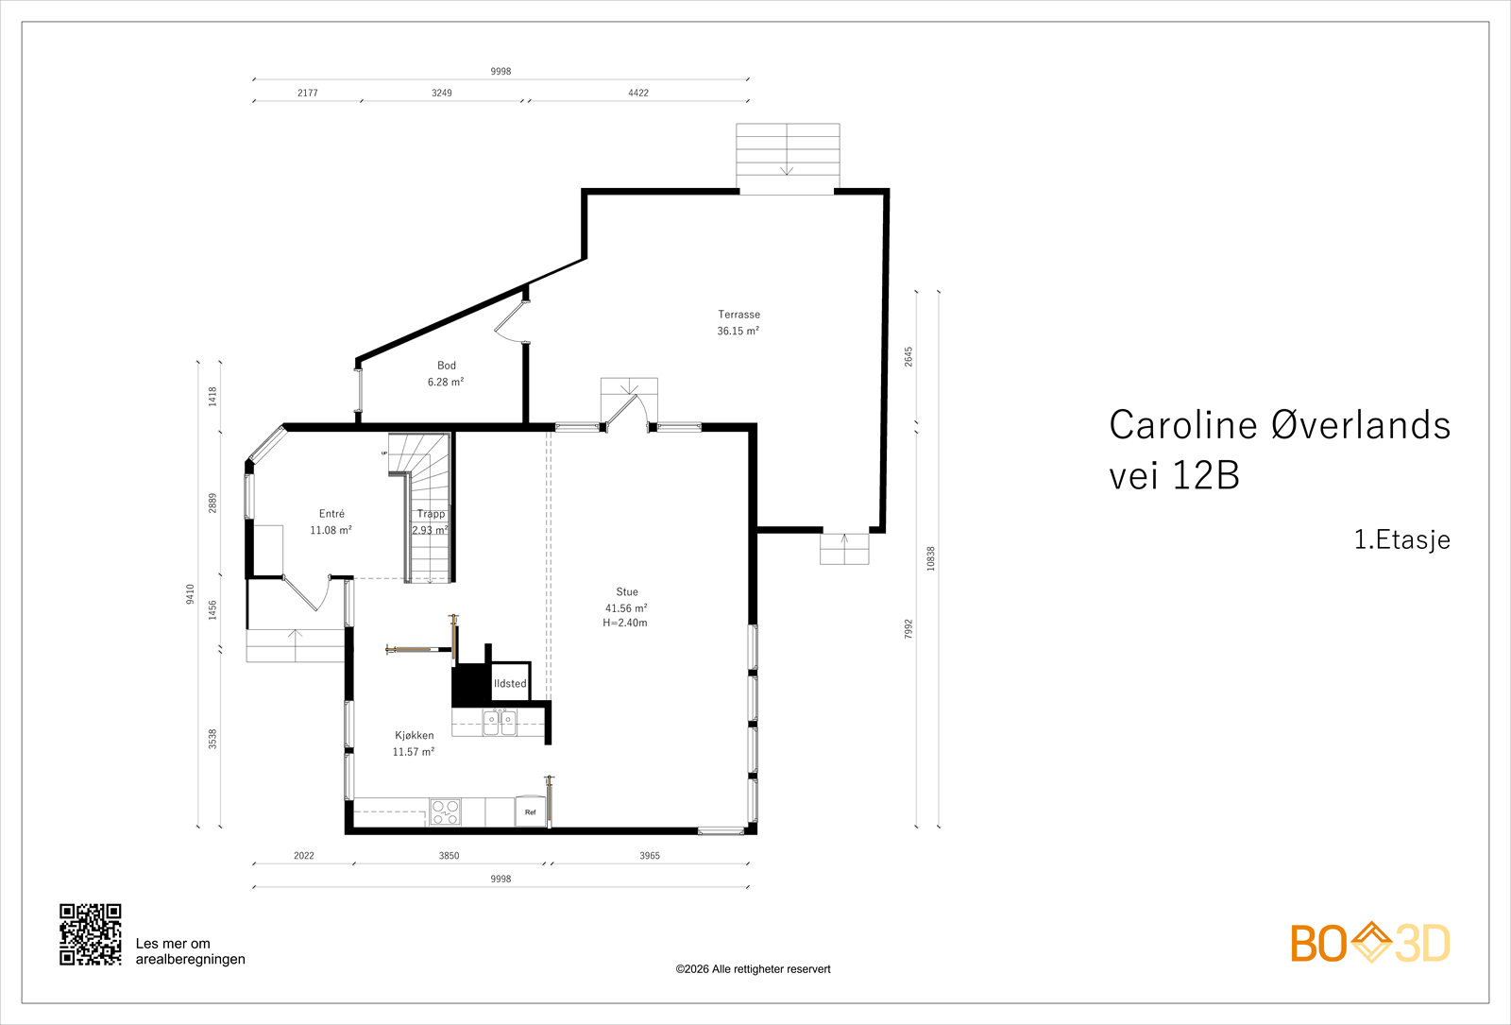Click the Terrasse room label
pyautogui.click(x=739, y=315)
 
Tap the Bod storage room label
pyautogui.click(x=447, y=366)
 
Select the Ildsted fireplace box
pyautogui.click(x=510, y=681)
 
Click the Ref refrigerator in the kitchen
pyautogui.click(x=530, y=811)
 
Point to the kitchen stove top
pyautogui.click(x=445, y=811)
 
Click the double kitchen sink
pyautogui.click(x=500, y=722)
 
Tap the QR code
pyautogui.click(x=91, y=934)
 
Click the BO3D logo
pyautogui.click(x=1370, y=943)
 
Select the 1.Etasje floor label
pyautogui.click(x=1401, y=539)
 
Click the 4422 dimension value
pyautogui.click(x=638, y=94)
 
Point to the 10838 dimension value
pyautogui.click(x=931, y=558)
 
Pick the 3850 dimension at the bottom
pyautogui.click(x=449, y=856)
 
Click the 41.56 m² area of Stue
pyautogui.click(x=626, y=608)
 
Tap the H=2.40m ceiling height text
pyautogui.click(x=625, y=623)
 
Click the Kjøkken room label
pyautogui.click(x=415, y=736)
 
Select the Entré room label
pyautogui.click(x=331, y=514)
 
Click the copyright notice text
pyautogui.click(x=753, y=969)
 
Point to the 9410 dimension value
pyautogui.click(x=190, y=594)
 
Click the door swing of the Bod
pyautogui.click(x=507, y=324)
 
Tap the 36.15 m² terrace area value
pyautogui.click(x=738, y=331)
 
